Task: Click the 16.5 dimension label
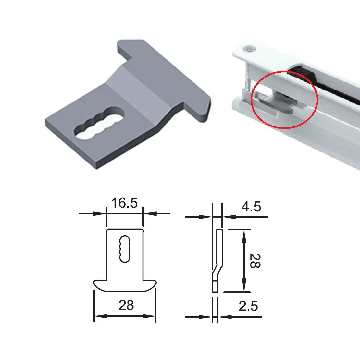coord(125,203)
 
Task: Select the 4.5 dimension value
coord(251,207)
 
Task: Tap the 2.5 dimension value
coord(248,306)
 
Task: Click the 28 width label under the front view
coord(126,305)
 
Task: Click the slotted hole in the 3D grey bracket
coord(99,123)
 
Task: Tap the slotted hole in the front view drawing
coord(125,249)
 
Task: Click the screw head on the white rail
coord(250,48)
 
